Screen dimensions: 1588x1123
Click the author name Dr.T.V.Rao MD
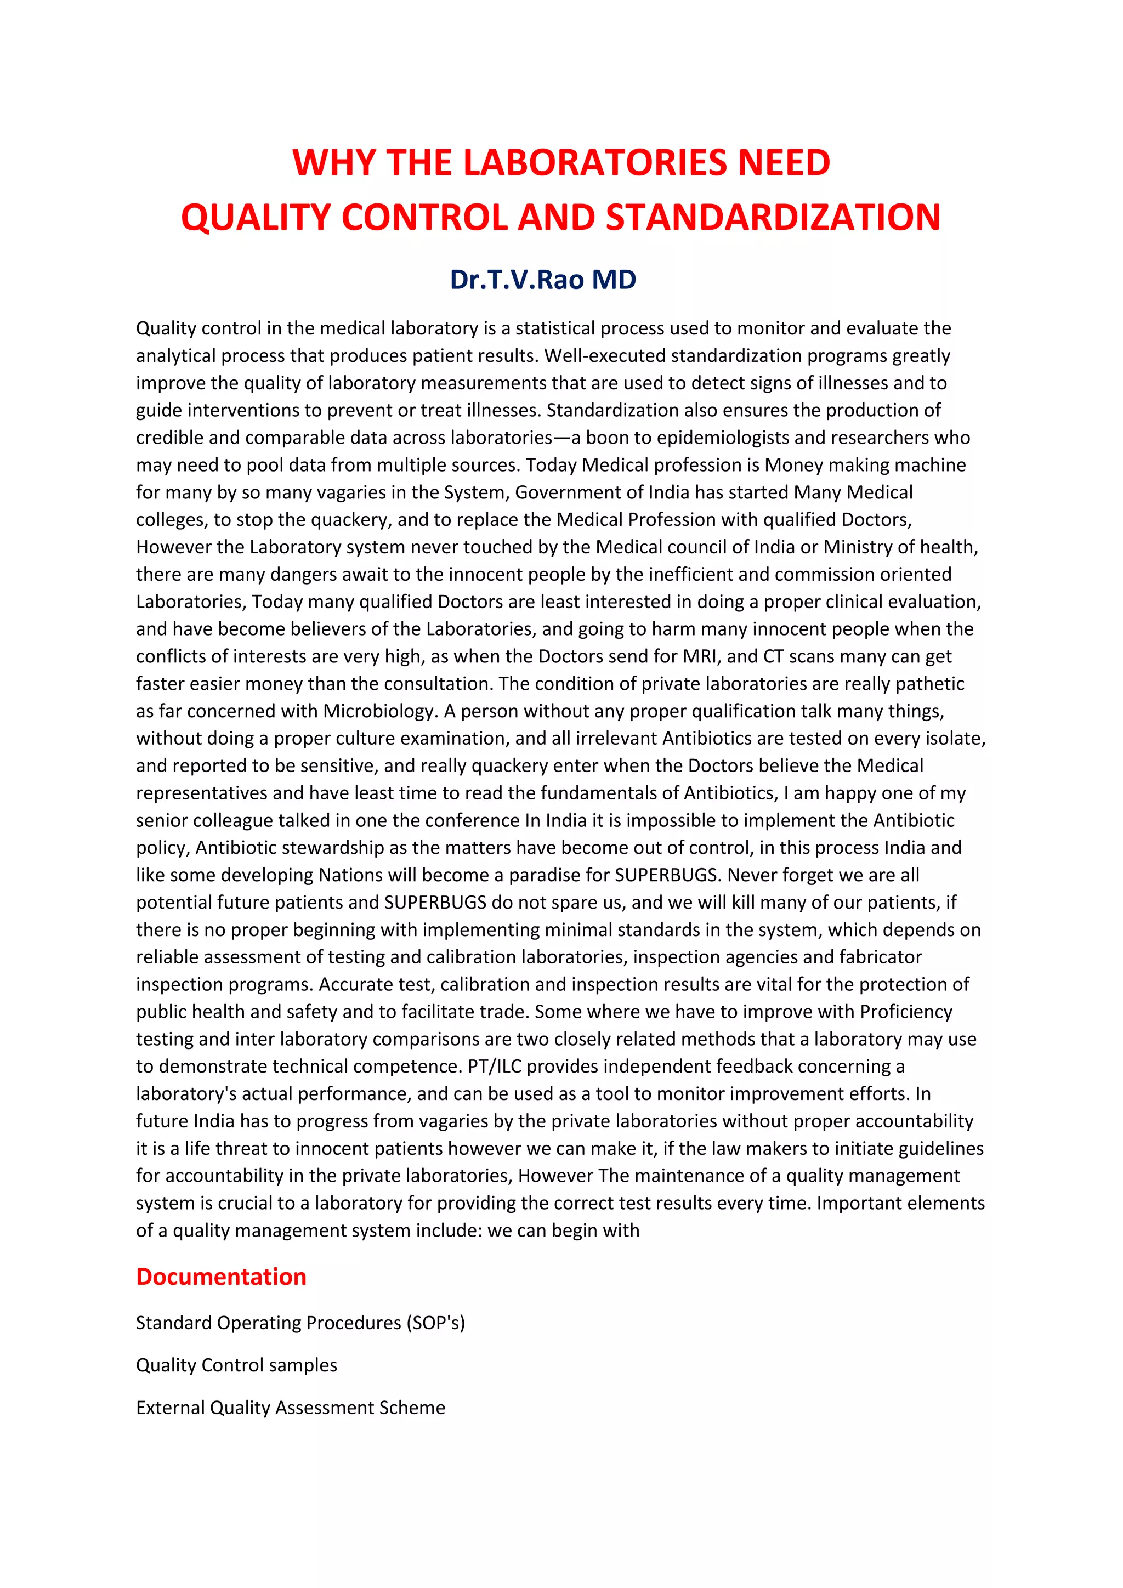[543, 280]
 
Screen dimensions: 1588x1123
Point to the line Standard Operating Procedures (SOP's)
[300, 1323]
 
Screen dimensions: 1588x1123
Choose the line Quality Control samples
[236, 1365]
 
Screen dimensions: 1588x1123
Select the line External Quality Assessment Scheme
[291, 1408]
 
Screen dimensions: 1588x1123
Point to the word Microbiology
[378, 711]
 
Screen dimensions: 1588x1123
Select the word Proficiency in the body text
[906, 1012]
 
